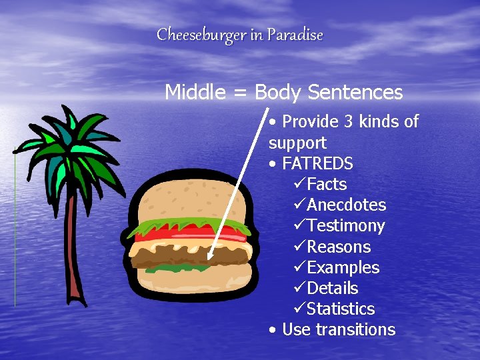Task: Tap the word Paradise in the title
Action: click(295, 35)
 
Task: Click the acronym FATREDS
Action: click(317, 163)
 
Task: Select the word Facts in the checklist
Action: click(327, 184)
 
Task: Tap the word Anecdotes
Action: click(346, 205)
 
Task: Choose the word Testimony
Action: click(345, 226)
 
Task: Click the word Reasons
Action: click(338, 247)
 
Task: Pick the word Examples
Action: click(343, 267)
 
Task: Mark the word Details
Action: click(332, 288)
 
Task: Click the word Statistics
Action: click(340, 309)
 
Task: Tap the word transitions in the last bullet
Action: click(355, 329)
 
